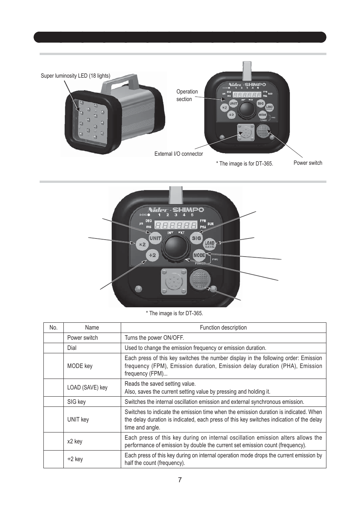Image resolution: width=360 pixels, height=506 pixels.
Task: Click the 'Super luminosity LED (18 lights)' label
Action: tap(75, 76)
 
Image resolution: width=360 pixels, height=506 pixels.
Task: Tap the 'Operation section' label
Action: tap(187, 95)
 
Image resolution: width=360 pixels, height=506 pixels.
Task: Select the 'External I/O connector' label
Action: tap(178, 154)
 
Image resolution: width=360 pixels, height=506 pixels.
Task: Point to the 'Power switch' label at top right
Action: tap(308, 163)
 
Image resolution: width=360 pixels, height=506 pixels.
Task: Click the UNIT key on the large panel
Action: tap(155, 238)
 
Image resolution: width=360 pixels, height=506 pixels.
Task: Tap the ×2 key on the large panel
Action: tap(142, 244)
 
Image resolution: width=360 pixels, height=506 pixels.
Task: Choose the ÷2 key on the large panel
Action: tap(152, 255)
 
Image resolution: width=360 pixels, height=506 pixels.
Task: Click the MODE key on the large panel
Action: tap(199, 255)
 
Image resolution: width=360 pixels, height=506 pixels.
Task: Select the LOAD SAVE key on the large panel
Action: tap(209, 244)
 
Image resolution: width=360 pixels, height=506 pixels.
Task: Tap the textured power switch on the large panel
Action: tap(200, 279)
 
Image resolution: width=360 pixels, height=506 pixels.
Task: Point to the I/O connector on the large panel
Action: tap(174, 281)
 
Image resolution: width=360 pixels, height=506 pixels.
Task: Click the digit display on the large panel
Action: tap(176, 225)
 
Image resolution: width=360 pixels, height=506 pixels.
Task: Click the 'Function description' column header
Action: tap(223, 328)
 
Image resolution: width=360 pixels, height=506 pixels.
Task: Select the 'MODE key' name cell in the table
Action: tap(80, 366)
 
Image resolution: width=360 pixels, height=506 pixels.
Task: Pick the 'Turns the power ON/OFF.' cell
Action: tap(154, 338)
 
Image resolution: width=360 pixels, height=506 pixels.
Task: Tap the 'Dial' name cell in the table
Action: tap(72, 348)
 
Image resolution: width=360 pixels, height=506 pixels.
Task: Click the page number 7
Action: tap(180, 480)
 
